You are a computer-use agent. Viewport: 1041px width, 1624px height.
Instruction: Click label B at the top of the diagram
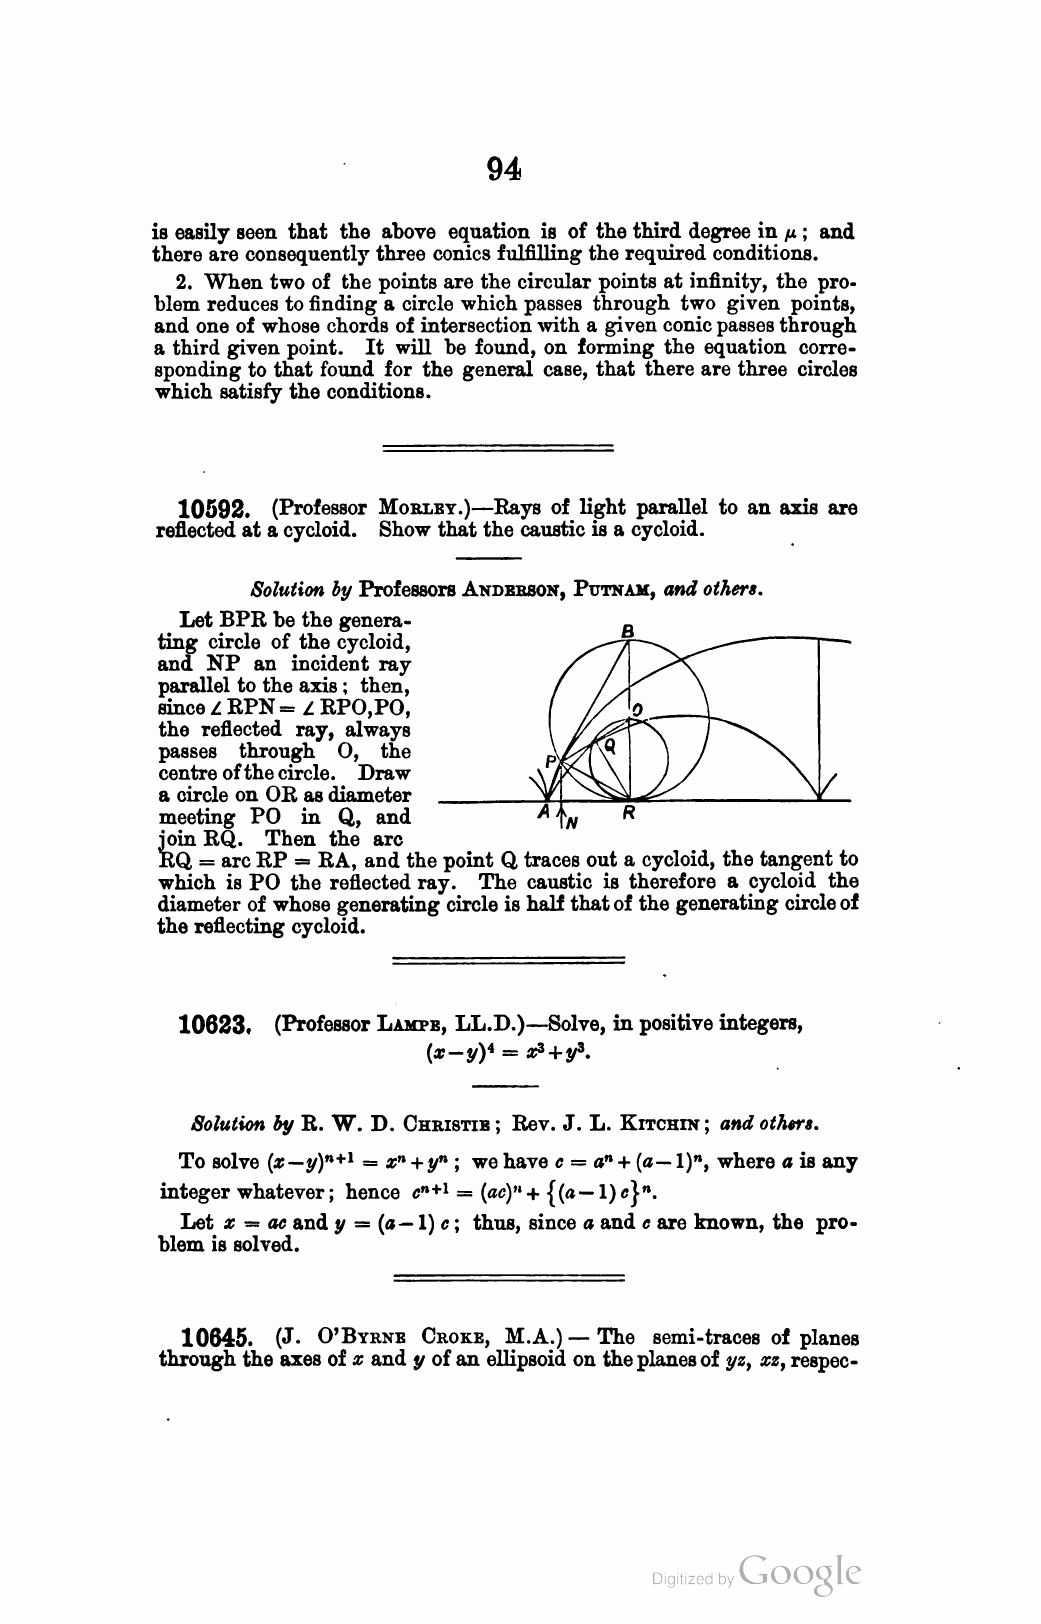(x=628, y=631)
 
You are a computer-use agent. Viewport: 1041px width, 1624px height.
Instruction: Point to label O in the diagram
(x=636, y=710)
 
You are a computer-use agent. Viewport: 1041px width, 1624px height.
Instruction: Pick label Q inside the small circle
(x=609, y=745)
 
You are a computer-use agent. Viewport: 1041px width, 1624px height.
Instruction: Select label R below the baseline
(x=628, y=815)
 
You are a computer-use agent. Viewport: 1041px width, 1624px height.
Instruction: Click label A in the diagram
(x=543, y=815)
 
